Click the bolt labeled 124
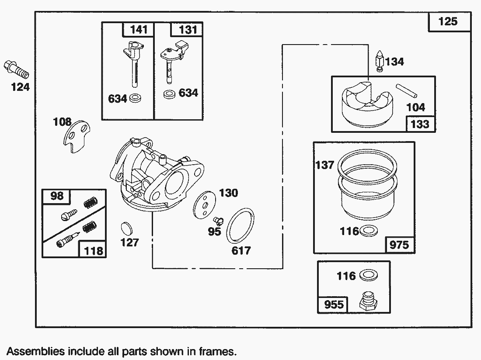[16, 69]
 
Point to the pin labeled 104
[406, 91]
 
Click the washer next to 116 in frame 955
[368, 276]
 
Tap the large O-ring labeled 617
[241, 226]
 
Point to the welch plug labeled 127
[127, 228]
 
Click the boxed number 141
[139, 30]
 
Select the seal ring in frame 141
[136, 97]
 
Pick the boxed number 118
[93, 250]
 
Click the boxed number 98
[56, 196]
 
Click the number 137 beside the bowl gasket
[324, 165]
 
